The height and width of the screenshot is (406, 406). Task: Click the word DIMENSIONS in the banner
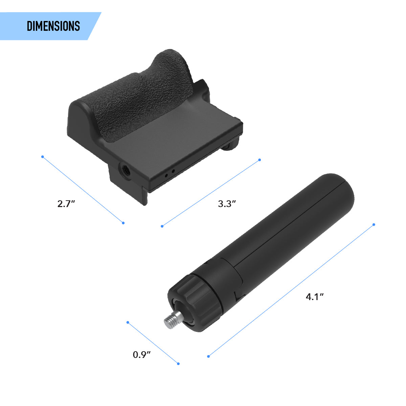(53, 26)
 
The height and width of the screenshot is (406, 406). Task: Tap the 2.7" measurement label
(66, 204)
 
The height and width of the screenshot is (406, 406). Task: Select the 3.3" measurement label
(227, 204)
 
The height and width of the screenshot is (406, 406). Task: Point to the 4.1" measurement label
(315, 297)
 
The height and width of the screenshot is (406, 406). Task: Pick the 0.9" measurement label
(141, 355)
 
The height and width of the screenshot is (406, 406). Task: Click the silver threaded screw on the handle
(174, 319)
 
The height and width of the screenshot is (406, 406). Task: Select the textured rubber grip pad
(142, 95)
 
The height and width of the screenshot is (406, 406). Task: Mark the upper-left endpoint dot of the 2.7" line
(42, 157)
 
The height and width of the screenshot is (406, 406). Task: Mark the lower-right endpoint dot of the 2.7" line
(123, 223)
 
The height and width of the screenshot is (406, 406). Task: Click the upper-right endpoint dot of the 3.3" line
(260, 160)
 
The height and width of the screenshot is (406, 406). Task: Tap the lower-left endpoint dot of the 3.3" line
(162, 226)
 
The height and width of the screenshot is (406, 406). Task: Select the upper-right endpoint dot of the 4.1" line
(374, 225)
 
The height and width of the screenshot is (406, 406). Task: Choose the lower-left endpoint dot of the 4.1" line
(208, 356)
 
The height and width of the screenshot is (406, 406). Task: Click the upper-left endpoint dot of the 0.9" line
(128, 322)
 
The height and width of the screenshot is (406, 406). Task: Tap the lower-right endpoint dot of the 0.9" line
(178, 364)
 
